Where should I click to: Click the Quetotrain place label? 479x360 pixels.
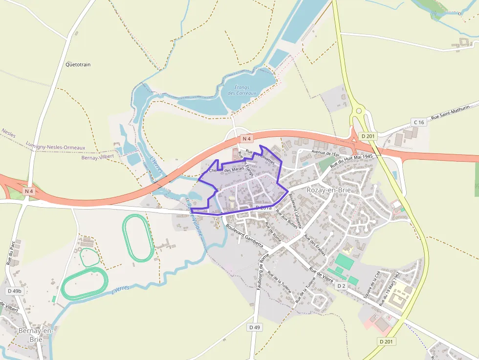pyautogui.click(x=78, y=64)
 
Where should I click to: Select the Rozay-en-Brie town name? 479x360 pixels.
pyautogui.click(x=328, y=190)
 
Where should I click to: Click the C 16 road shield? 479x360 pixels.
pyautogui.click(x=418, y=122)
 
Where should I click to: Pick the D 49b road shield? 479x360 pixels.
pyautogui.click(x=15, y=291)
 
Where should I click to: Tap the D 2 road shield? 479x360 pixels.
pyautogui.click(x=341, y=285)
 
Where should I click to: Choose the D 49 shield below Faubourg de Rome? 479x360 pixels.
pyautogui.click(x=254, y=327)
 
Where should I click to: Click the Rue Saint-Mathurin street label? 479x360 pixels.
pyautogui.click(x=450, y=112)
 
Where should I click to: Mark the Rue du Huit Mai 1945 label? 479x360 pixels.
pyautogui.click(x=351, y=162)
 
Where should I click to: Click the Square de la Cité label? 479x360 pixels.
pyautogui.click(x=371, y=285)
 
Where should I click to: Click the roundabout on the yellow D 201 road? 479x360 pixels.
pyautogui.click(x=359, y=111)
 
